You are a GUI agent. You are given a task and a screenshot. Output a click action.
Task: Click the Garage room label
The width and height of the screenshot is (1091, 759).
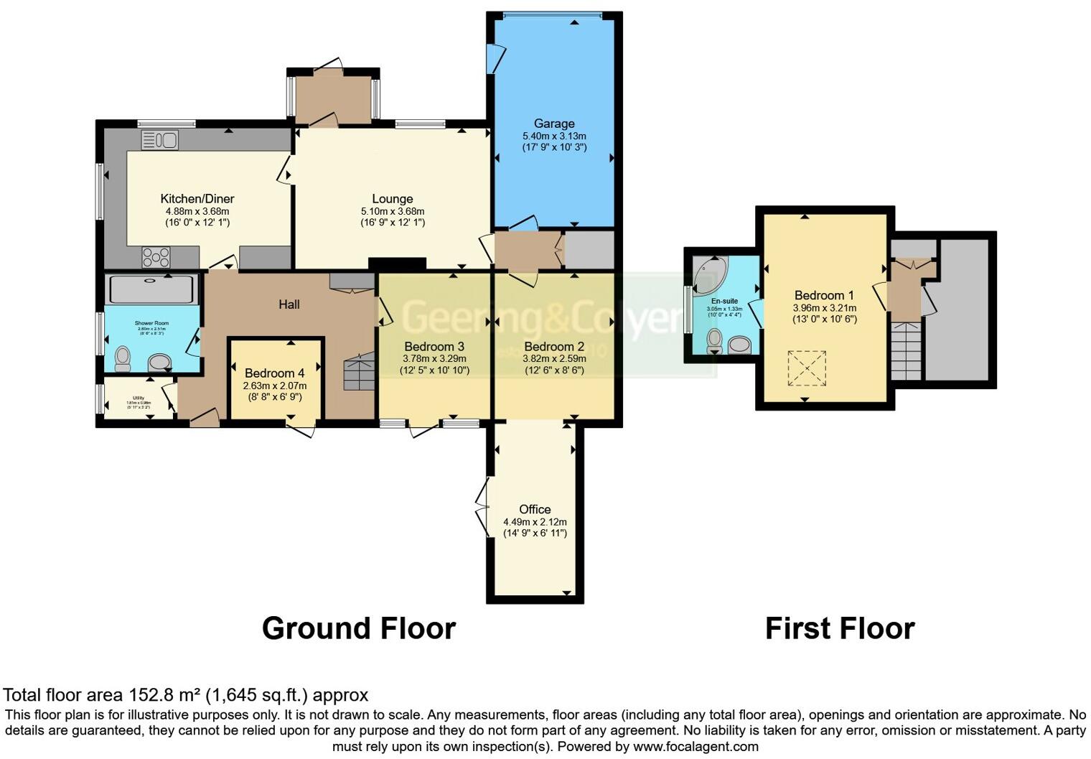pyautogui.click(x=553, y=124)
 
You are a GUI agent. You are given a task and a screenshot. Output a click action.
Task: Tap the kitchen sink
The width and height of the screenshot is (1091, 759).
pyautogui.click(x=159, y=139)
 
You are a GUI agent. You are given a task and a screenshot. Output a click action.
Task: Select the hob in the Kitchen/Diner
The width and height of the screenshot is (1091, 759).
pyautogui.click(x=156, y=256)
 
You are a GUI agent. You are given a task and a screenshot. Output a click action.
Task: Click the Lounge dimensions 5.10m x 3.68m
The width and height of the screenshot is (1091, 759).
pyautogui.click(x=393, y=211)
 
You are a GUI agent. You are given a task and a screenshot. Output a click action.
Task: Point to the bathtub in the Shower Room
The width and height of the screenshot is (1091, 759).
pyautogui.click(x=151, y=289)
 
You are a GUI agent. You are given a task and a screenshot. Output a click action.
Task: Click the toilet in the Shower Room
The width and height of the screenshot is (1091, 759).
pyautogui.click(x=123, y=358)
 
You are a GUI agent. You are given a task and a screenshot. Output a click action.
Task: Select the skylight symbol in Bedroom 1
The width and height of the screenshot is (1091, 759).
pyautogui.click(x=807, y=368)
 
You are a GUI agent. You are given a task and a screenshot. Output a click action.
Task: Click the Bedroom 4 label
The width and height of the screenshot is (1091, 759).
pyautogui.click(x=274, y=373)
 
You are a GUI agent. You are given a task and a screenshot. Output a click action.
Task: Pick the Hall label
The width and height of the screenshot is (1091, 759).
pyautogui.click(x=289, y=304)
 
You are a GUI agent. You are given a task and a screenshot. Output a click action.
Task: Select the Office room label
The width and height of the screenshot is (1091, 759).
pyautogui.click(x=535, y=509)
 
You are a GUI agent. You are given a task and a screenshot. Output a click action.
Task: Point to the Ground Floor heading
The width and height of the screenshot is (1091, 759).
pyautogui.click(x=358, y=628)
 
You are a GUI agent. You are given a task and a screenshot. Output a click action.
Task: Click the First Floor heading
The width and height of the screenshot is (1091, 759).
pyautogui.click(x=839, y=628)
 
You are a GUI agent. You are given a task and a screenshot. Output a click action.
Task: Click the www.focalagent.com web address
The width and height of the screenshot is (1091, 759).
pyautogui.click(x=696, y=746)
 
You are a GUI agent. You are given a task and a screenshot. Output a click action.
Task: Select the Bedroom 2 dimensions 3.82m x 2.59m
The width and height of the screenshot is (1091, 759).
pyautogui.click(x=553, y=358)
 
